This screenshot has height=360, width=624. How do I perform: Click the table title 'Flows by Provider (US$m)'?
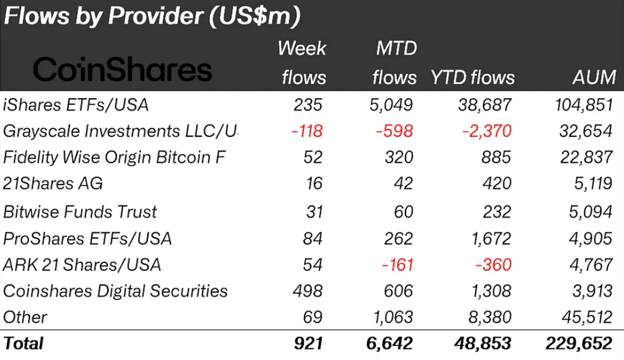[x=152, y=17]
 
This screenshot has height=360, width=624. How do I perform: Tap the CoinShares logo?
[x=122, y=71]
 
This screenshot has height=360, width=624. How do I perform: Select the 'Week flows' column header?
[x=303, y=63]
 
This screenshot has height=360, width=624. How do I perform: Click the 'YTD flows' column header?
[x=472, y=78]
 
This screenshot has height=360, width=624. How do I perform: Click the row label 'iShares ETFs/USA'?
[x=76, y=105]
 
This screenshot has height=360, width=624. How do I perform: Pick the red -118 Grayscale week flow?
[x=306, y=131]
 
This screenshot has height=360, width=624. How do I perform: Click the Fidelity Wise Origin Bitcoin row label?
[x=114, y=158]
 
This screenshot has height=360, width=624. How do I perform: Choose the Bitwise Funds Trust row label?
[x=80, y=212]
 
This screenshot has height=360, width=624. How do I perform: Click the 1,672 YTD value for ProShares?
[x=488, y=239]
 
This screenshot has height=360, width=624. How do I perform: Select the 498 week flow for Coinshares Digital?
[x=308, y=291]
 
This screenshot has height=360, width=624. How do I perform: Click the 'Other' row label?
[x=25, y=318]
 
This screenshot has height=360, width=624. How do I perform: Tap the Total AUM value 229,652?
[x=579, y=343]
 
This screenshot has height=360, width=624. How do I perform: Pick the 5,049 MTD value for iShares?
[x=392, y=105]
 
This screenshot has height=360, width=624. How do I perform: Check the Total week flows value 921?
[x=306, y=343]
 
